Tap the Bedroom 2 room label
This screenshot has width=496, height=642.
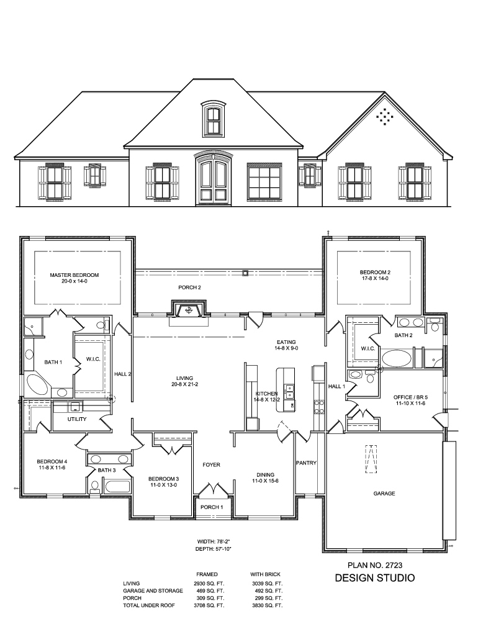(x=375, y=273)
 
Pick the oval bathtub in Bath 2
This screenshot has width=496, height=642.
(x=396, y=358)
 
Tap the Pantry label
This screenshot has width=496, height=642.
(x=306, y=463)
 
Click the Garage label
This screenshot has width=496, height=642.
(x=384, y=494)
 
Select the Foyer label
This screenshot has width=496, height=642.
(x=212, y=465)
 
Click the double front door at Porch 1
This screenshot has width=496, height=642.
(x=212, y=491)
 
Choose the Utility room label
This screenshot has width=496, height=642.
(x=78, y=419)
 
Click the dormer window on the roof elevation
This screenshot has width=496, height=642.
(x=214, y=119)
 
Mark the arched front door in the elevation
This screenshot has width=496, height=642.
(x=212, y=181)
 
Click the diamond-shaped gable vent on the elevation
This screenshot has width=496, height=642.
(x=386, y=116)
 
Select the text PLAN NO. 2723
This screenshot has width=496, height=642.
(x=375, y=566)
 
